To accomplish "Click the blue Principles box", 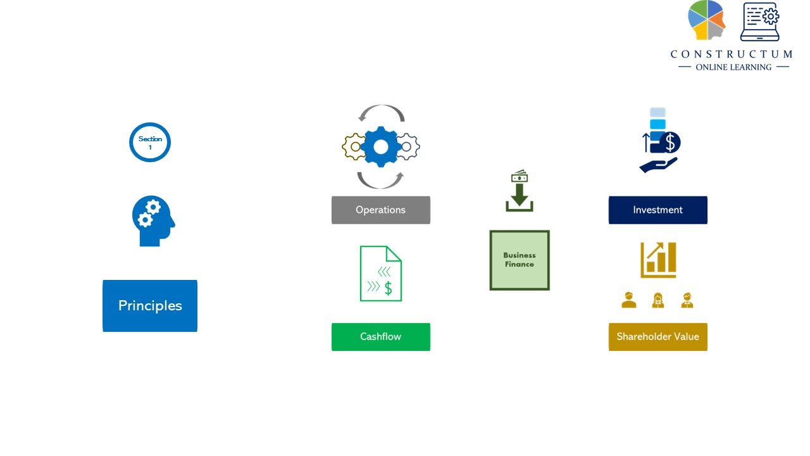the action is [x=150, y=306].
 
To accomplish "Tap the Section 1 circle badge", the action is [x=150, y=142].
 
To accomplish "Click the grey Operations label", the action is [x=381, y=210].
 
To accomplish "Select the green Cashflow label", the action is [x=381, y=336].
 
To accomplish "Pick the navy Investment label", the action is [x=657, y=210].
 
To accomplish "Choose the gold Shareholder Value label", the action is [x=657, y=336].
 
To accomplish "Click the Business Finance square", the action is [x=520, y=260].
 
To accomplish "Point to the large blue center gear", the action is [x=381, y=146].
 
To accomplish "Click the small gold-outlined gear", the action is [x=354, y=146].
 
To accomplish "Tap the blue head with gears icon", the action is [x=153, y=221].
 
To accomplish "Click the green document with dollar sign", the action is [x=381, y=274].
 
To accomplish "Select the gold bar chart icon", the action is [x=658, y=260].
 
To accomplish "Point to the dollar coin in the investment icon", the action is [x=670, y=142].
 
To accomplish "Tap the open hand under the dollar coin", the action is [x=658, y=165].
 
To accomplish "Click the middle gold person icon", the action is [x=657, y=300].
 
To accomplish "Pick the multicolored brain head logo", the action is [x=707, y=20].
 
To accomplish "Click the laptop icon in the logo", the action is [x=760, y=22].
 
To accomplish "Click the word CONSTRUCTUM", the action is [x=732, y=54].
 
